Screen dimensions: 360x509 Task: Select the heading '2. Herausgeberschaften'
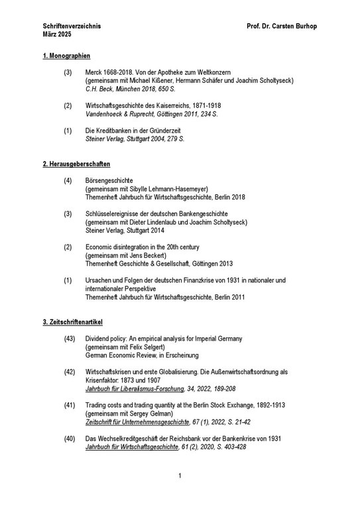[x=76, y=163]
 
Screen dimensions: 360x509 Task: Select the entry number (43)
[x=70, y=339]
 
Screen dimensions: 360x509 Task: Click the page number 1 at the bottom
[x=180, y=494]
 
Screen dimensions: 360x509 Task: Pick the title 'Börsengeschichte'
[x=109, y=180]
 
